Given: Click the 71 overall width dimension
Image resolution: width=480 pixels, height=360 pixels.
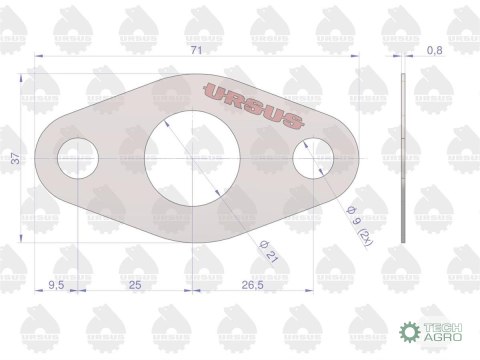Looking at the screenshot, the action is [196, 50].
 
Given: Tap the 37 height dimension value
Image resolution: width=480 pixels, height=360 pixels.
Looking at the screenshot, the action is [16, 158].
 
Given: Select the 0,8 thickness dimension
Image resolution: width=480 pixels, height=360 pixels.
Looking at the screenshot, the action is [435, 50].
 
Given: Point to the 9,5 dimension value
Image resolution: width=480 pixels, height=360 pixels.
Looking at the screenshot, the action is [56, 285].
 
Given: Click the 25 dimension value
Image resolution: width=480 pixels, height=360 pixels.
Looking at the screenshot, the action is [135, 285].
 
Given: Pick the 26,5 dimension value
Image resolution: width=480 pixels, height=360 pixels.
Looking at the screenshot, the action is [253, 285].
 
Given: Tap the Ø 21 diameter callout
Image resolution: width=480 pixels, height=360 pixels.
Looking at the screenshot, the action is [269, 251].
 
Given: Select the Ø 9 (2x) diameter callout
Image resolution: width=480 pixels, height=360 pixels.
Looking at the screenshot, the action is [360, 226].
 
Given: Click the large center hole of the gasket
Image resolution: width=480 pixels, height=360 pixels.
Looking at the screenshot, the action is [192, 159].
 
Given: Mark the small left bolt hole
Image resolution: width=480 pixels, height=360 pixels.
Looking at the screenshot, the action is [78, 158].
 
